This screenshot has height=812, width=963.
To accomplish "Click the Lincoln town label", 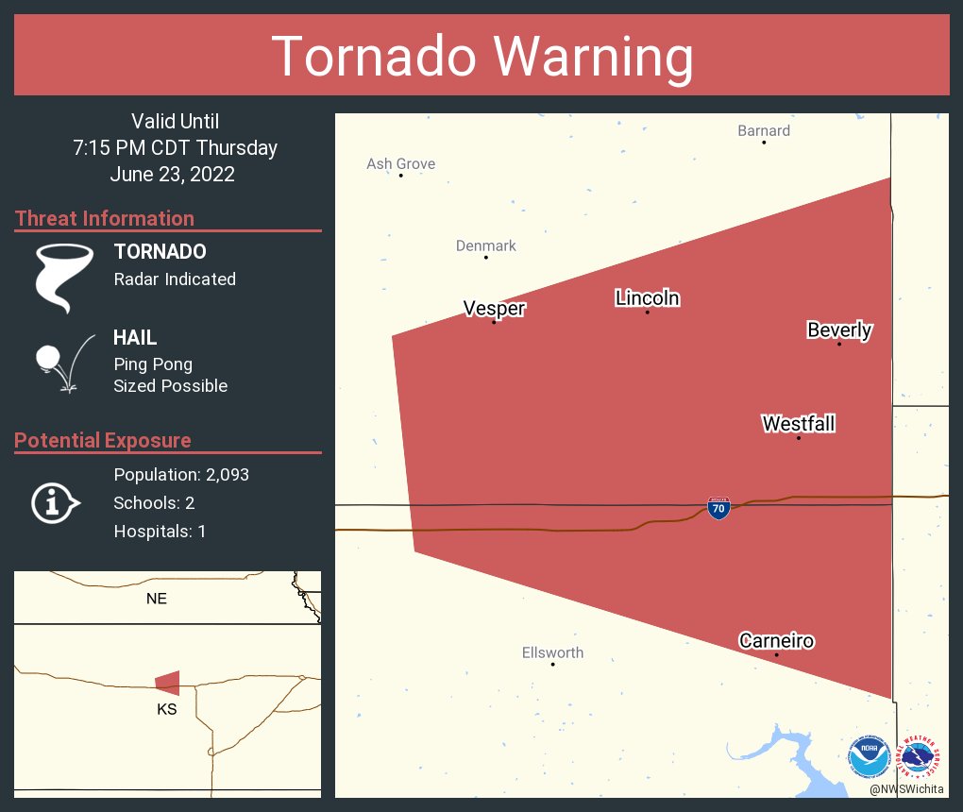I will (x=648, y=298).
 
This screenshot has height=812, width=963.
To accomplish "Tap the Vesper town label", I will (x=494, y=308).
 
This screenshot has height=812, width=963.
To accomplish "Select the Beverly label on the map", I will (x=839, y=330).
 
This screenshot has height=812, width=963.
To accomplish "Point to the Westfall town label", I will (x=799, y=424).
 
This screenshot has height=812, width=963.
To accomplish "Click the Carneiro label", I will (x=776, y=641).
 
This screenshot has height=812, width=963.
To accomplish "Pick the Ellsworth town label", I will (x=552, y=652).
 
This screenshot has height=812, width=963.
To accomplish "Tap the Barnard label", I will (x=764, y=130).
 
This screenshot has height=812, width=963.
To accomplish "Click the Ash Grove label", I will (x=400, y=163).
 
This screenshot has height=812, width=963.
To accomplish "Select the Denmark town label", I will (x=485, y=245).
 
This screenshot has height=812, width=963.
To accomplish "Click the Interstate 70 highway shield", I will (x=718, y=508).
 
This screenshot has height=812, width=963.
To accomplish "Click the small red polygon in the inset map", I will (x=168, y=683).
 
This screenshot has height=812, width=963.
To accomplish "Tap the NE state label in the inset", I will (x=157, y=599).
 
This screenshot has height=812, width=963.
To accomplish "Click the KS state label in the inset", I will (x=167, y=709).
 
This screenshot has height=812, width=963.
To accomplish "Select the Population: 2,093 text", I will (x=181, y=475).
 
